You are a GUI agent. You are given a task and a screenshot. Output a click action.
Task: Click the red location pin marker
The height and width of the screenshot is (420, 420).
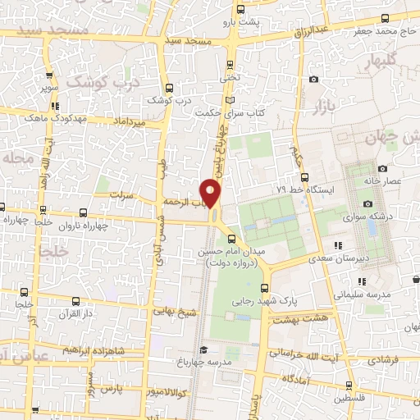click(x=211, y=193)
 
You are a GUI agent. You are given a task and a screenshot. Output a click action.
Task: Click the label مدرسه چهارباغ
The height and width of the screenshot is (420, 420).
click(x=210, y=362)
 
